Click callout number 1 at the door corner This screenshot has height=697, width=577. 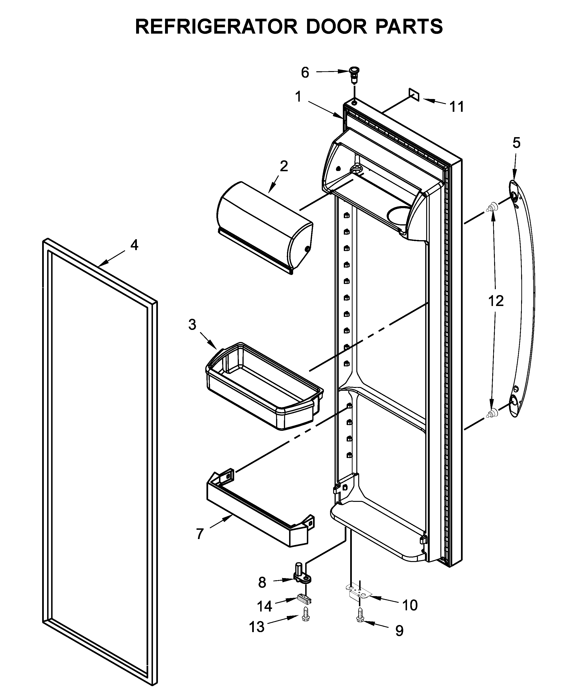click(x=298, y=97)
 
